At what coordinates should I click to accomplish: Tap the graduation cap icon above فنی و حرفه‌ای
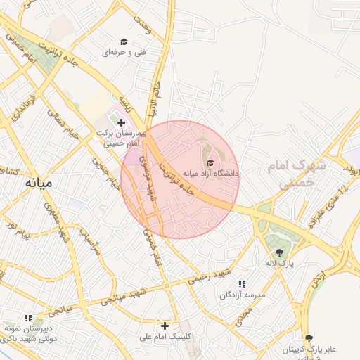pyautogui.click(x=124, y=42)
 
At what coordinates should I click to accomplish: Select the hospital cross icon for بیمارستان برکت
pyautogui.click(x=121, y=122)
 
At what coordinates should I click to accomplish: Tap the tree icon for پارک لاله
pyautogui.click(x=279, y=252)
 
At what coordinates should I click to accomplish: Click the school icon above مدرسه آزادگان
pyautogui.click(x=242, y=284)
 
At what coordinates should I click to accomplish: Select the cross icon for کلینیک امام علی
pyautogui.click(x=165, y=326)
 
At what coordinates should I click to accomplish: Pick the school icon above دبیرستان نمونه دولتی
pyautogui.click(x=28, y=318)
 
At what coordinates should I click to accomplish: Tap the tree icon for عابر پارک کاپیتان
pyautogui.click(x=307, y=338)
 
